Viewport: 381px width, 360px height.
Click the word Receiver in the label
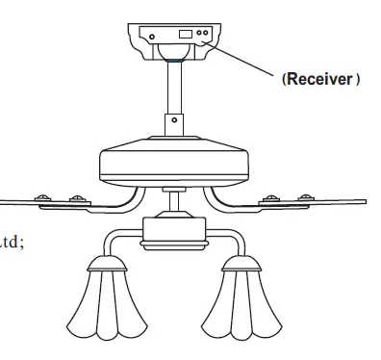click(x=320, y=79)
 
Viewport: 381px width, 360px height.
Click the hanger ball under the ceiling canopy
click(x=173, y=59)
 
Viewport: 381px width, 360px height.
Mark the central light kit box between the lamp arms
click(x=172, y=228)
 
